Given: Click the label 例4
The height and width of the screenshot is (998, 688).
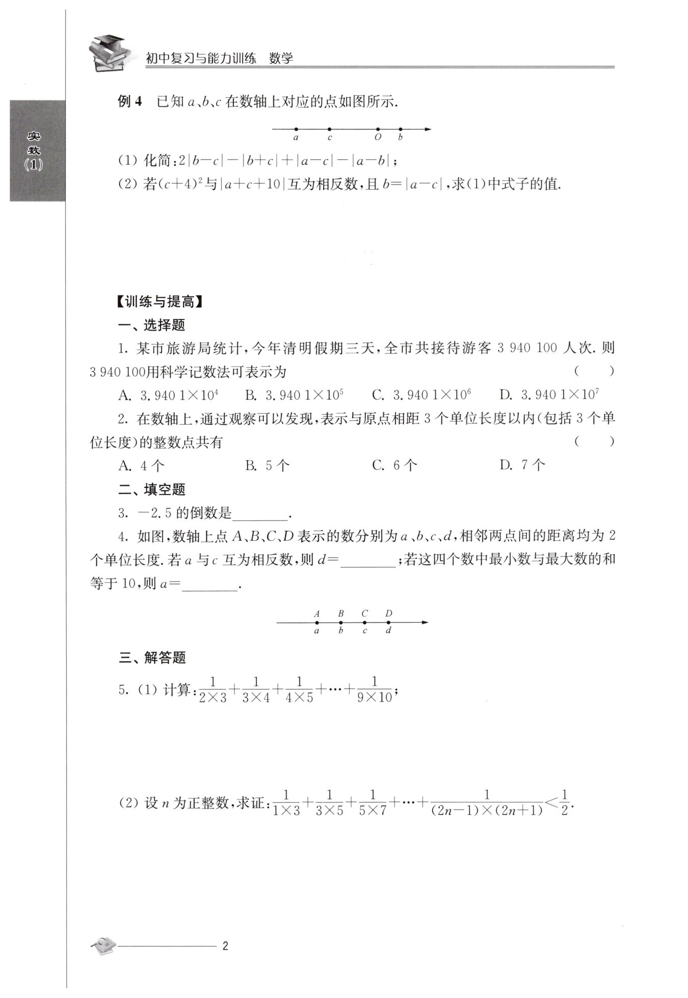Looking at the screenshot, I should click(130, 101).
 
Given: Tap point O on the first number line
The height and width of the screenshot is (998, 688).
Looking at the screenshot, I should click(378, 129).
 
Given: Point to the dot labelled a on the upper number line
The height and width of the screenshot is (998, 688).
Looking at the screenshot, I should click(296, 129).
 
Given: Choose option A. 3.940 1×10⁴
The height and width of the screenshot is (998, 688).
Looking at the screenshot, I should click(169, 395).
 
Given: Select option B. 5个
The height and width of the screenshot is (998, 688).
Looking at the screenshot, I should click(268, 465).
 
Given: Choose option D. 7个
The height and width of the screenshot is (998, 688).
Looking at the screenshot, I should click(523, 465).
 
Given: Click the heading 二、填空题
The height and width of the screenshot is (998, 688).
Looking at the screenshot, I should click(152, 490).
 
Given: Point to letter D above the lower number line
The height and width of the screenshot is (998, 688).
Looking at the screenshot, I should click(389, 613).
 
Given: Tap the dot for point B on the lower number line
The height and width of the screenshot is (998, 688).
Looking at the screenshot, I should click(340, 622).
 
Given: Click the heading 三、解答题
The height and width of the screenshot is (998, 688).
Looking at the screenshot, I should click(152, 658).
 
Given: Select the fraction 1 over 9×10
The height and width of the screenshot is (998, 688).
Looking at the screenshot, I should click(375, 690).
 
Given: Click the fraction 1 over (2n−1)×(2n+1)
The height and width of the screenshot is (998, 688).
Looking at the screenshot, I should click(487, 803).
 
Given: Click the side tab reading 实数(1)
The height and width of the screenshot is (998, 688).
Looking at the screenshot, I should click(35, 151).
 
